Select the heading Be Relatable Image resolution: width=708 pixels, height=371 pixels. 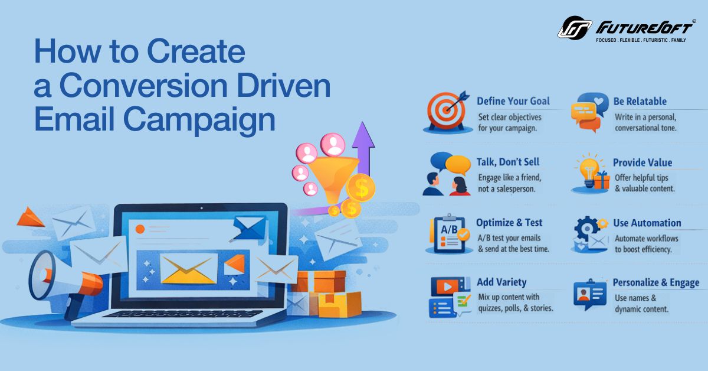tap(640, 101)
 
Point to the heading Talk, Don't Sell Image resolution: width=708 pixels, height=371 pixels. tap(507, 162)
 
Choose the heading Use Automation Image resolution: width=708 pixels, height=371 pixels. tap(647, 223)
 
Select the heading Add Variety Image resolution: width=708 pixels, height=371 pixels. tap(501, 282)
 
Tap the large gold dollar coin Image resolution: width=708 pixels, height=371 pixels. tap(360, 188)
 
